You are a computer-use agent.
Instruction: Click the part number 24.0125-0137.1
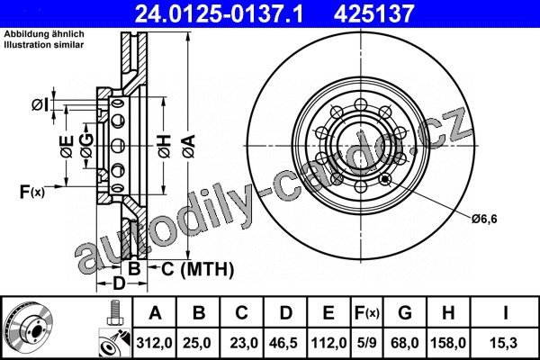pos(219,13)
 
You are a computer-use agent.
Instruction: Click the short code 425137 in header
pos(373,13)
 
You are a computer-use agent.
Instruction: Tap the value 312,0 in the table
pos(154,343)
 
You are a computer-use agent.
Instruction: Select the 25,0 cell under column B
pos(197,343)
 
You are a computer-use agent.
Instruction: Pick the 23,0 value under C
pos(243,343)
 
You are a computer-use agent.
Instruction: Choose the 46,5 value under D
pos(284,343)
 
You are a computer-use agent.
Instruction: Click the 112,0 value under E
pos(328,343)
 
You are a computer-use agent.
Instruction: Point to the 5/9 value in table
pos(367,343)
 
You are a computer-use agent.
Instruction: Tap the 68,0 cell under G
pos(405,343)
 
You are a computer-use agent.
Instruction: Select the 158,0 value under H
pos(448,343)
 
